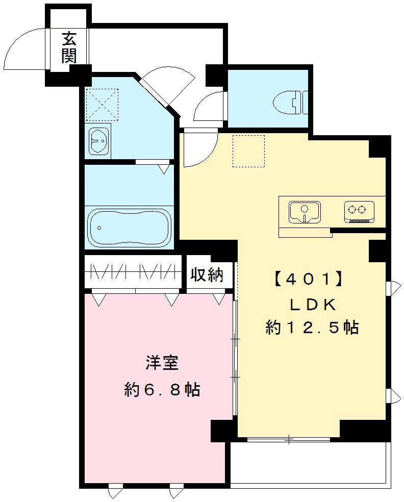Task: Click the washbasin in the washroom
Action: click(99, 140)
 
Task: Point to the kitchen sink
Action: click(305, 211)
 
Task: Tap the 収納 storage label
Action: click(207, 275)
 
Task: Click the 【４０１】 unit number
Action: click(308, 280)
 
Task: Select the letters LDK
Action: click(312, 305)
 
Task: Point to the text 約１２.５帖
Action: click(311, 327)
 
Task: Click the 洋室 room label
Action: click(162, 363)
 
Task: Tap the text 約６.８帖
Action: click(162, 390)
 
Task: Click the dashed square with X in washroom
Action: click(101, 104)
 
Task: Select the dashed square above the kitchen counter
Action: click(248, 151)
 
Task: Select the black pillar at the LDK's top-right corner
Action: click(378, 147)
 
